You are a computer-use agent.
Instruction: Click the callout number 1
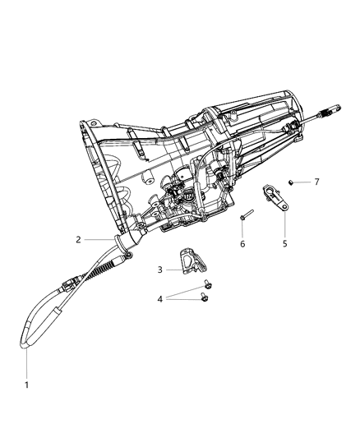tap(26, 385)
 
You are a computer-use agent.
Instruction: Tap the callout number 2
tap(78, 240)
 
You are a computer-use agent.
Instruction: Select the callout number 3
tap(162, 269)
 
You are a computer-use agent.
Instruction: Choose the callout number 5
tap(285, 244)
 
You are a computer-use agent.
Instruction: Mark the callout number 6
tap(242, 244)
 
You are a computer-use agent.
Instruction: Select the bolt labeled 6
tap(244, 218)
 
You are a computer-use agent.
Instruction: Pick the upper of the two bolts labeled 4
tap(205, 285)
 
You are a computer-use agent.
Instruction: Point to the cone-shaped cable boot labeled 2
tap(130, 247)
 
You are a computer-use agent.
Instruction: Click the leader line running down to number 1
tap(26, 362)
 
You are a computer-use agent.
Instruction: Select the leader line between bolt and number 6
tap(242, 231)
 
